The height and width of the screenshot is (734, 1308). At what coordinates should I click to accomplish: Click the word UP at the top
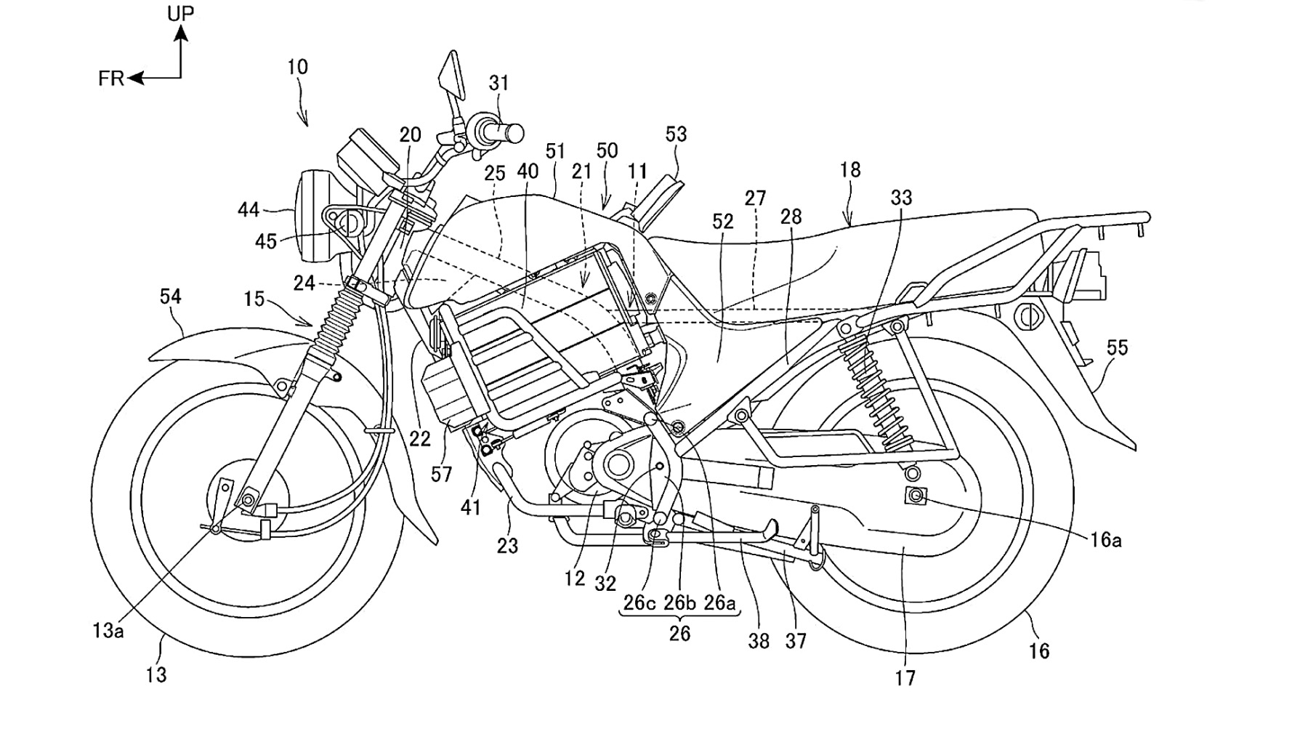point(181,13)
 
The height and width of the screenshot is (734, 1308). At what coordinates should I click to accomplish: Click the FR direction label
point(111,78)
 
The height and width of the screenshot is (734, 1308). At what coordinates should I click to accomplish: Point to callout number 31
point(499,84)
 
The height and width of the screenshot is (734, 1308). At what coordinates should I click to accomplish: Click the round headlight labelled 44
point(311,216)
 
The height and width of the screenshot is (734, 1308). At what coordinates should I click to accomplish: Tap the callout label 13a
point(108,631)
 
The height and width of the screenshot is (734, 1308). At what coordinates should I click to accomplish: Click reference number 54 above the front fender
point(170,297)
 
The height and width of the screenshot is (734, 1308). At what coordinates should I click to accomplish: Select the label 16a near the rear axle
point(1105,539)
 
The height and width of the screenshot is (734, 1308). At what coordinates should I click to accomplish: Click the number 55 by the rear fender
point(1117,348)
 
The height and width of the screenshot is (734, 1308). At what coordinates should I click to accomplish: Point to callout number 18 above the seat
point(849,170)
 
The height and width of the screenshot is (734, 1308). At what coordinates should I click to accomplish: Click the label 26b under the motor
point(679,603)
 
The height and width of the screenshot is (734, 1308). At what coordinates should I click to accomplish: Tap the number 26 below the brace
point(679,634)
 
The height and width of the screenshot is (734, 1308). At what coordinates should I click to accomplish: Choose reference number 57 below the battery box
point(441,475)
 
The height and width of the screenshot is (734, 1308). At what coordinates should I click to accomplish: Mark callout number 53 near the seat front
point(676,134)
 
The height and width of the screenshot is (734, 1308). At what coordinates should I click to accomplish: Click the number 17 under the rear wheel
point(905,678)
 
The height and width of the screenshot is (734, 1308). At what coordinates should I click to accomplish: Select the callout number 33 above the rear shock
point(901,198)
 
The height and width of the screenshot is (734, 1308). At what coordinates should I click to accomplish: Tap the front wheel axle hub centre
point(249,499)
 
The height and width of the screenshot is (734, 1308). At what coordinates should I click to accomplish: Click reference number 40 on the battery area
point(528,172)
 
